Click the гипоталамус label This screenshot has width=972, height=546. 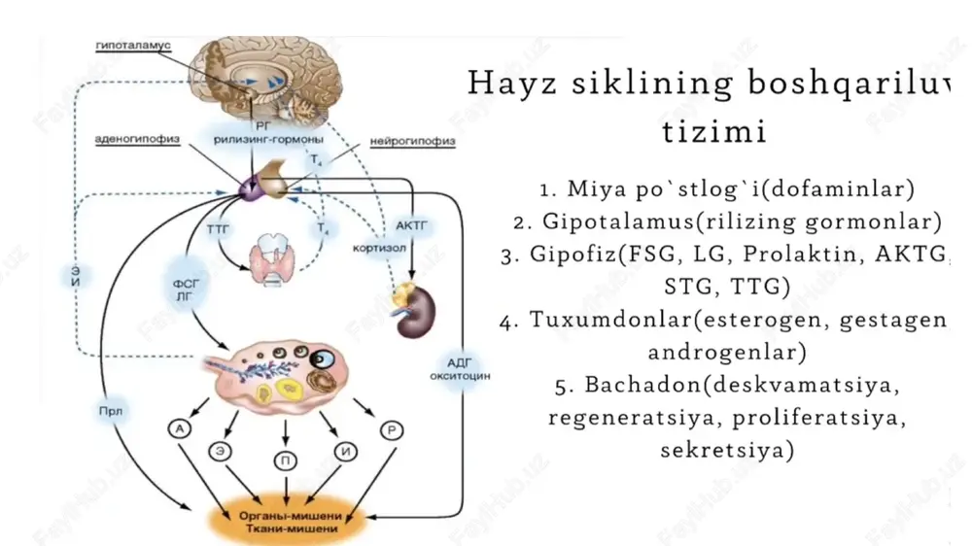pyautogui.click(x=133, y=46)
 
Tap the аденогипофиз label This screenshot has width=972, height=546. pyautogui.click(x=137, y=139)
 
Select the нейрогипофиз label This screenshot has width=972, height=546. pyautogui.click(x=413, y=141)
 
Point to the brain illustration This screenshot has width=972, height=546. pyautogui.click(x=266, y=79)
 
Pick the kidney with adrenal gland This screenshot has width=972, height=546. pyautogui.click(x=413, y=309)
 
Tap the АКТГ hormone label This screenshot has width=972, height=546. pyautogui.click(x=411, y=226)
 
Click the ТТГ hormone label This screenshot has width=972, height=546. pyautogui.click(x=218, y=230)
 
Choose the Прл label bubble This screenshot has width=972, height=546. pyautogui.click(x=111, y=411)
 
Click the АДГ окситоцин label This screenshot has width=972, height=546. pyautogui.click(x=460, y=369)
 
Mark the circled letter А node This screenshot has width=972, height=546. pyautogui.click(x=180, y=428)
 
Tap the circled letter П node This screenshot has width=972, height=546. pyautogui.click(x=286, y=461)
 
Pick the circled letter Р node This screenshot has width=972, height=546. pyautogui.click(x=392, y=430)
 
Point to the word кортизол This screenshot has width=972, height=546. pyautogui.click(x=379, y=248)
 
